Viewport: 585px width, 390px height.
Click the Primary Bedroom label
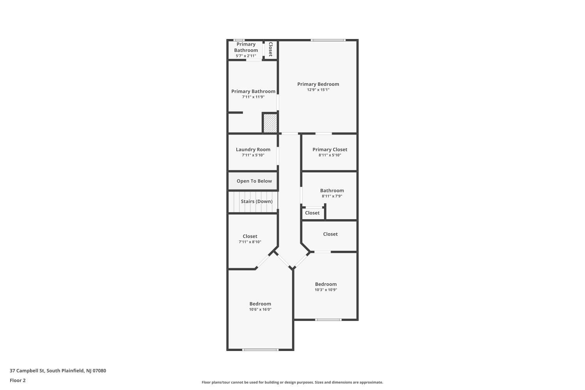[x=318, y=84]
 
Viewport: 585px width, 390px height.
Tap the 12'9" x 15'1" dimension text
[x=318, y=90]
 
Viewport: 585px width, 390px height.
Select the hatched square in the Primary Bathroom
[x=270, y=123]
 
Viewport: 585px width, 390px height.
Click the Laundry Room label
[x=253, y=149]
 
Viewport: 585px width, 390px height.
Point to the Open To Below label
[x=254, y=181]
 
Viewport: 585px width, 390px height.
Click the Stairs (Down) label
[x=257, y=201]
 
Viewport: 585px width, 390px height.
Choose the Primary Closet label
[x=330, y=149]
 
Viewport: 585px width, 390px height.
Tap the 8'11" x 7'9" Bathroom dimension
[x=332, y=196]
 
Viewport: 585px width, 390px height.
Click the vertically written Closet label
[x=271, y=49]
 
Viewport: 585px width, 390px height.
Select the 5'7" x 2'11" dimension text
[x=246, y=56]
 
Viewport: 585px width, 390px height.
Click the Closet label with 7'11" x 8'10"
[x=250, y=236]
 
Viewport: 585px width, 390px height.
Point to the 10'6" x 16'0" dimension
[x=260, y=310]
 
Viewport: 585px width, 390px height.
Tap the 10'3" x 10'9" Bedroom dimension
[x=326, y=290]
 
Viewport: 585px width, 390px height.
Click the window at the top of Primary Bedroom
[x=328, y=40]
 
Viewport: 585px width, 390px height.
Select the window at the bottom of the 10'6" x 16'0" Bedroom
[x=261, y=350]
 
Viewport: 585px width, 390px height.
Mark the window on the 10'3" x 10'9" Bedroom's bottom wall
[x=328, y=320]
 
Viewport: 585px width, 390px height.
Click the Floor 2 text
[x=18, y=380]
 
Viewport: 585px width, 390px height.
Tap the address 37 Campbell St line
[x=58, y=370]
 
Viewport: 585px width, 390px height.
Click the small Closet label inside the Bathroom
[x=312, y=213]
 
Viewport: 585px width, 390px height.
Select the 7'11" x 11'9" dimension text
[x=253, y=97]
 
